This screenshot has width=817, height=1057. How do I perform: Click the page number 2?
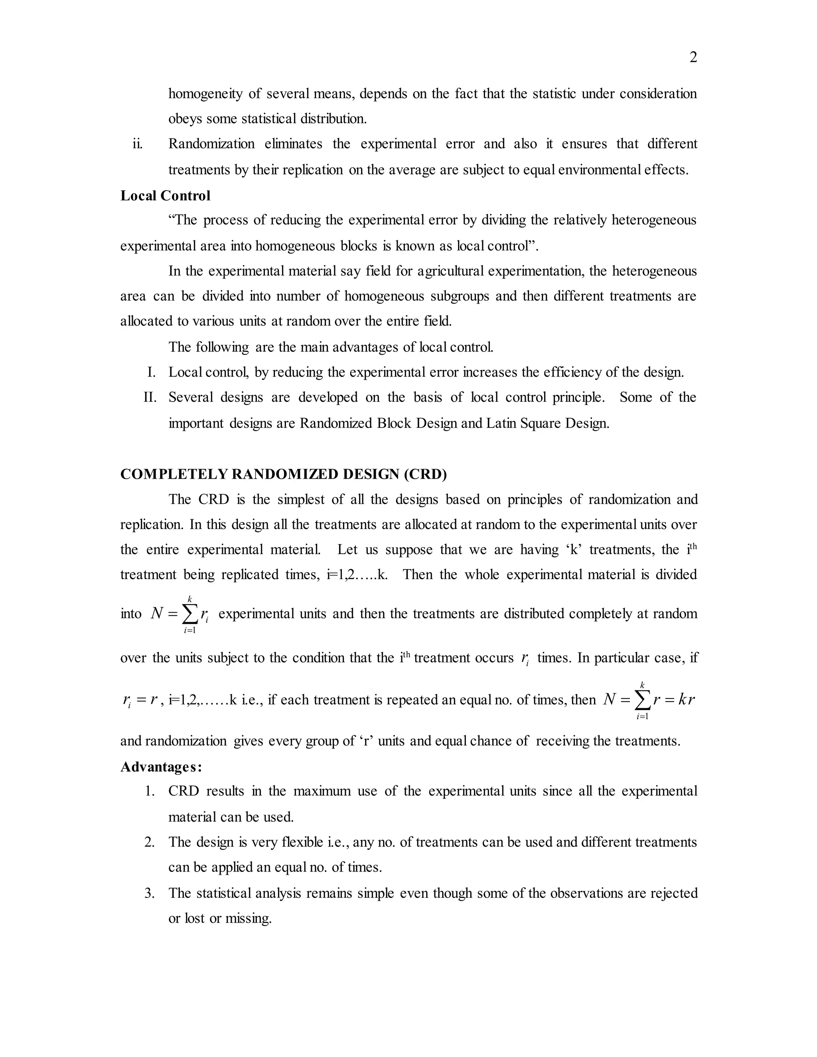(x=693, y=57)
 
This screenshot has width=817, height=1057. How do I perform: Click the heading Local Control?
(x=165, y=195)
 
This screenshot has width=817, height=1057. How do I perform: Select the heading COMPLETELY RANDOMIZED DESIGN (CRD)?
(x=283, y=474)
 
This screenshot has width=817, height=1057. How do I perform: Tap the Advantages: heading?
(x=161, y=767)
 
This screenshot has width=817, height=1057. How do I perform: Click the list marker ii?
(x=138, y=144)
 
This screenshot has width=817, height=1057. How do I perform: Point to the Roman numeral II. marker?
(x=150, y=397)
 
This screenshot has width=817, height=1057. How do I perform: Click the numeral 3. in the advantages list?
(x=150, y=893)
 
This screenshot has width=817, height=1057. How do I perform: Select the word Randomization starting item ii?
(x=211, y=144)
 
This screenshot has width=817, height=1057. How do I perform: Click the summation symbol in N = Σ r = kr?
(x=642, y=701)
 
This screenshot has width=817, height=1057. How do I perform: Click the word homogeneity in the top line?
(x=205, y=93)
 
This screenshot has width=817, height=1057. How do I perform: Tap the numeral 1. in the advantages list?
(x=150, y=791)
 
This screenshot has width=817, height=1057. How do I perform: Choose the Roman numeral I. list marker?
(x=152, y=372)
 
